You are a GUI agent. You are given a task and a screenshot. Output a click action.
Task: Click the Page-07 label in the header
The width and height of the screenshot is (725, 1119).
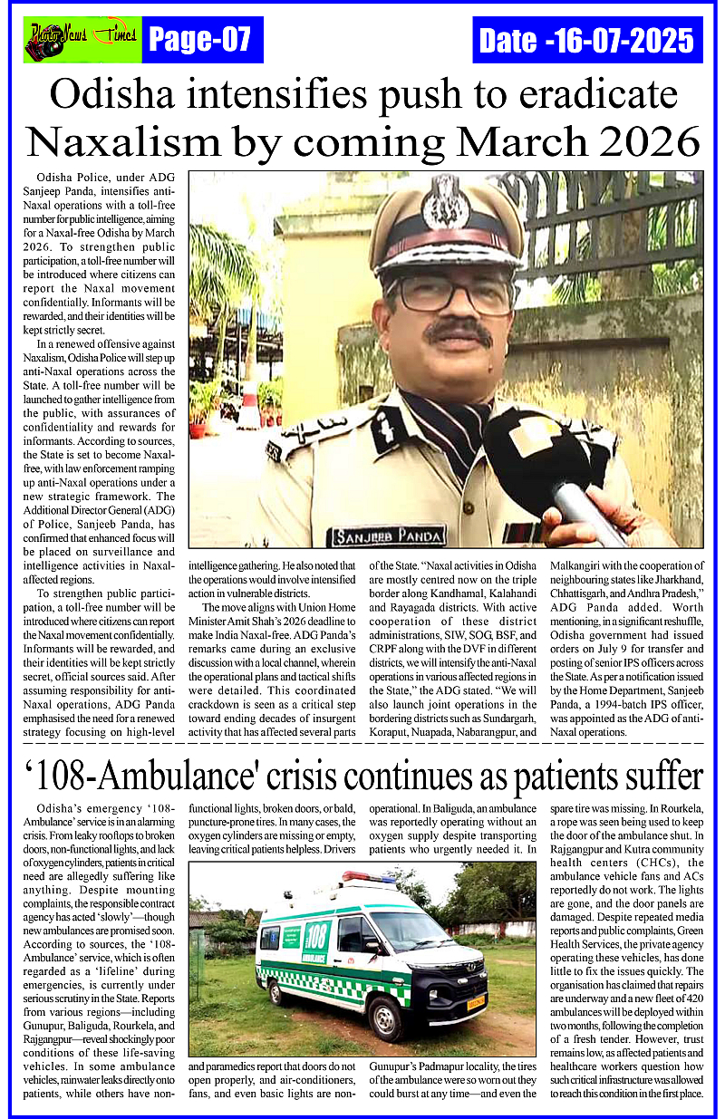[202, 40]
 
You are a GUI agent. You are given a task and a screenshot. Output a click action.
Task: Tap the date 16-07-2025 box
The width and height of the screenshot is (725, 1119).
[587, 40]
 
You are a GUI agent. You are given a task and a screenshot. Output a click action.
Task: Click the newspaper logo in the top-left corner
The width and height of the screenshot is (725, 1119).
[82, 40]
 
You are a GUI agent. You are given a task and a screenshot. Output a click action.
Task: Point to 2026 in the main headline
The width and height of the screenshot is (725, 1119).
[639, 142]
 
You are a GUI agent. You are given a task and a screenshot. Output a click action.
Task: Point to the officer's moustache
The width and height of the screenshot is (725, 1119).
[458, 333]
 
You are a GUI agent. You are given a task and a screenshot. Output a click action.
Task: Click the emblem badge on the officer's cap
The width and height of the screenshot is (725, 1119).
[445, 201]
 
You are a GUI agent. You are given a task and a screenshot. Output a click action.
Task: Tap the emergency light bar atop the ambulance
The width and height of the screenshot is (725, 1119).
[368, 877]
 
